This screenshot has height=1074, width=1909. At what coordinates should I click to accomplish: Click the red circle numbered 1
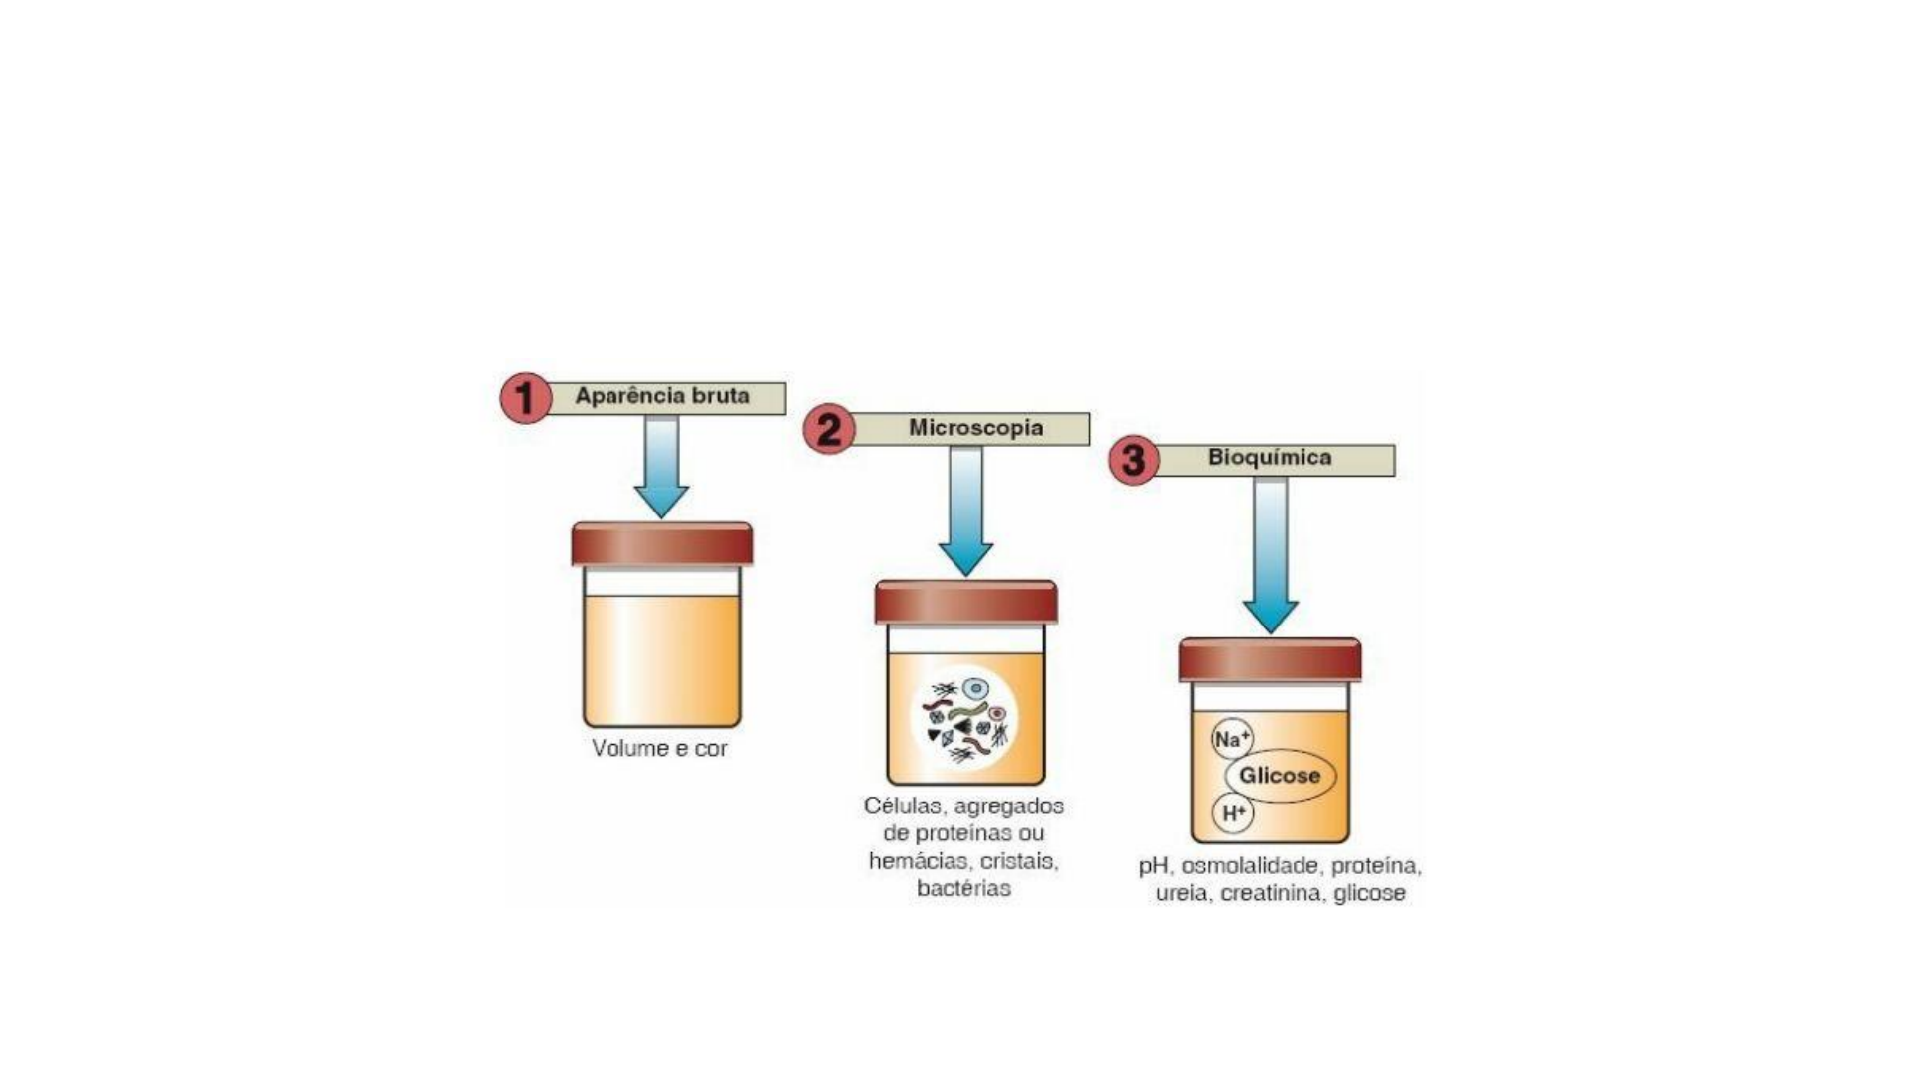pyautogui.click(x=525, y=398)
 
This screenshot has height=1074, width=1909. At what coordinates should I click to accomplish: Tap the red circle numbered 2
pyautogui.click(x=828, y=430)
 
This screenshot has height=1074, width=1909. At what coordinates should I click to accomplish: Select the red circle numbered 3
pyautogui.click(x=1133, y=460)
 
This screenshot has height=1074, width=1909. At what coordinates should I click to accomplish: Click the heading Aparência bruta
pyautogui.click(x=662, y=397)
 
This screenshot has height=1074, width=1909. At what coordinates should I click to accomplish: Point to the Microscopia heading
pyautogui.click(x=975, y=428)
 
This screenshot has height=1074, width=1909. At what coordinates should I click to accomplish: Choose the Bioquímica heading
pyautogui.click(x=1270, y=458)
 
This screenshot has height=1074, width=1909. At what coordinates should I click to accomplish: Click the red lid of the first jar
pyautogui.click(x=661, y=544)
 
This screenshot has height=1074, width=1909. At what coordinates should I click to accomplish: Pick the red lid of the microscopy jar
pyautogui.click(x=965, y=602)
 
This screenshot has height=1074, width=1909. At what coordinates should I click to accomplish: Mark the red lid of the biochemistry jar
pyautogui.click(x=1270, y=659)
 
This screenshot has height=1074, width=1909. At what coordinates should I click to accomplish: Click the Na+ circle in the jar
pyautogui.click(x=1232, y=740)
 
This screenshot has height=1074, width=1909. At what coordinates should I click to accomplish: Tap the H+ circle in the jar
pyautogui.click(x=1233, y=813)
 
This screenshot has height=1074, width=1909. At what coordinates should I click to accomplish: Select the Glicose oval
pyautogui.click(x=1280, y=776)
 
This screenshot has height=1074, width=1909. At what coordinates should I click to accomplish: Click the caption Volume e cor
pyautogui.click(x=659, y=748)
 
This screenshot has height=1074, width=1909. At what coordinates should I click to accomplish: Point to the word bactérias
pyautogui.click(x=963, y=888)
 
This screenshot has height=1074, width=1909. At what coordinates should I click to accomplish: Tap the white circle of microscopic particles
pyautogui.click(x=964, y=719)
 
